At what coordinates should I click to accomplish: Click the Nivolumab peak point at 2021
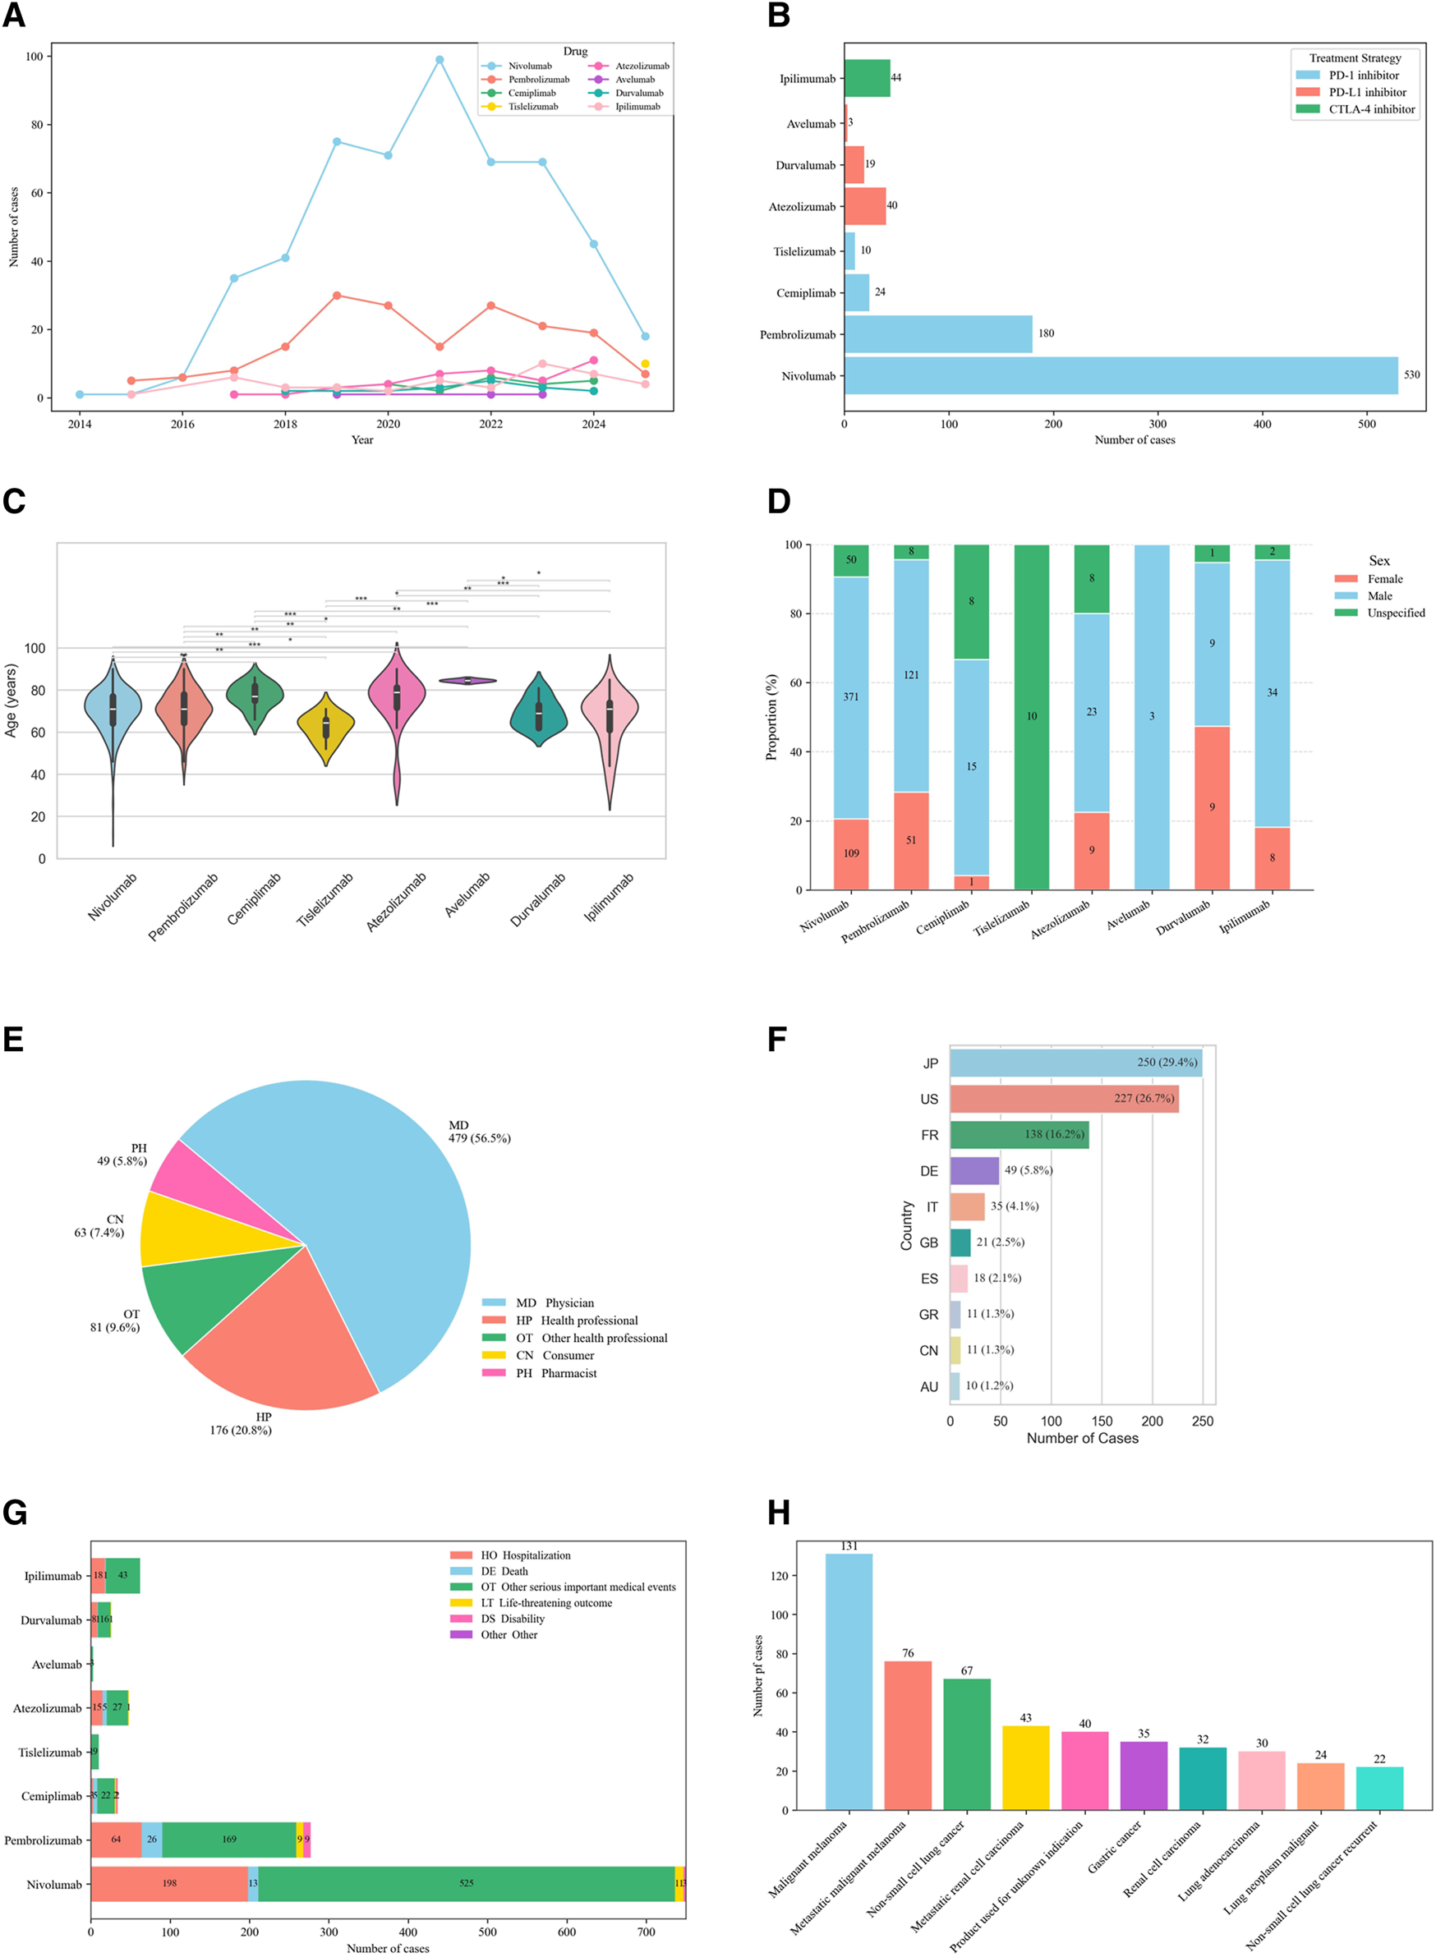click(x=439, y=60)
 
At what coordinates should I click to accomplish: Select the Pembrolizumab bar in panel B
click(x=938, y=334)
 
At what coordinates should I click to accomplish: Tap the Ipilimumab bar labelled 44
click(x=867, y=78)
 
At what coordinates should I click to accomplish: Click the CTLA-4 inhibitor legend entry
click(x=1371, y=109)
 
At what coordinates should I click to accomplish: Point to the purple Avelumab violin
click(x=467, y=681)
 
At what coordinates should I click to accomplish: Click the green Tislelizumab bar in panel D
click(x=1031, y=717)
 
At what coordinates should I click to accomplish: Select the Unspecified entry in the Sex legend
click(x=1395, y=613)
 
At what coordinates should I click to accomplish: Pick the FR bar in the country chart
click(x=1019, y=1135)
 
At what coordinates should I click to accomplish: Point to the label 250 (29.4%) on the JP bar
click(x=1167, y=1063)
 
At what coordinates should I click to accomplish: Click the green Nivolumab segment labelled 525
click(x=466, y=1883)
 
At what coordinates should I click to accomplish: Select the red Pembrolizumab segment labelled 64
click(x=116, y=1839)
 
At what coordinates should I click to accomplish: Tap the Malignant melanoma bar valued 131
click(x=849, y=1682)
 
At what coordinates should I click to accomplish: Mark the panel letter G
click(x=15, y=1513)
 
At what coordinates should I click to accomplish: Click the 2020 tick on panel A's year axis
click(x=388, y=424)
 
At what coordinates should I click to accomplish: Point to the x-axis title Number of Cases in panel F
click(x=1082, y=1438)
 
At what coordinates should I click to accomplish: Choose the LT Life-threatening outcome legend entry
click(x=545, y=1603)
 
